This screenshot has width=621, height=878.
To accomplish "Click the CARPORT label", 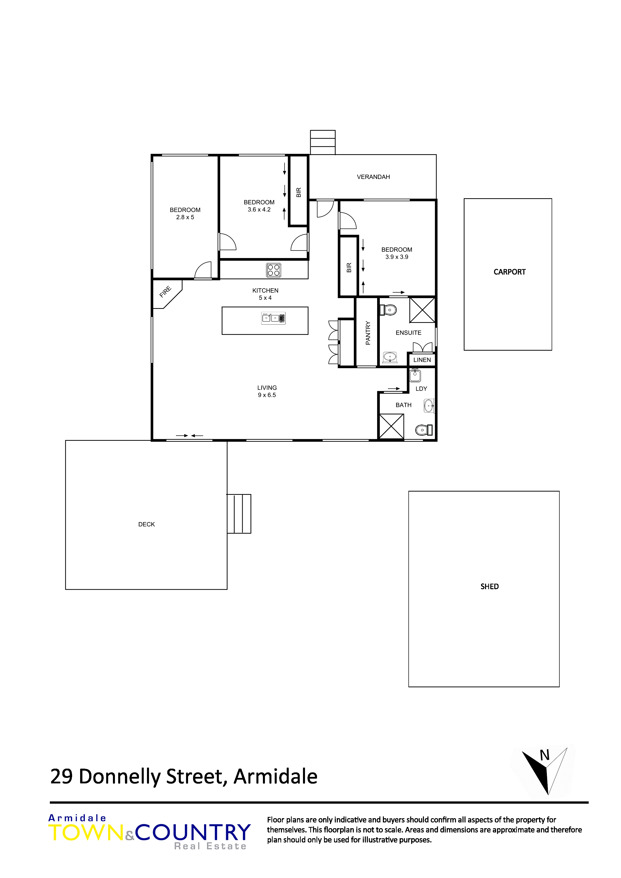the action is [x=509, y=272].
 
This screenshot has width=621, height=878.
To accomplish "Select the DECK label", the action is [x=146, y=524].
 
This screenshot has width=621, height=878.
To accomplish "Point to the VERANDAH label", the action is [x=373, y=177].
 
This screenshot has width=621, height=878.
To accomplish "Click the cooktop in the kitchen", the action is [x=274, y=270].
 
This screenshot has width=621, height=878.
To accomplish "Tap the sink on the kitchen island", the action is [x=273, y=318].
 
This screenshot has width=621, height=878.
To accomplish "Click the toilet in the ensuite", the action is [x=388, y=309].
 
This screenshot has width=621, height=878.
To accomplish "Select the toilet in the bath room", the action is [x=424, y=430].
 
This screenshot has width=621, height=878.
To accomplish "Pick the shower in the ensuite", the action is [x=422, y=310].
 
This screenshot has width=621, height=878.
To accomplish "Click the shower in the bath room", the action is [x=391, y=426].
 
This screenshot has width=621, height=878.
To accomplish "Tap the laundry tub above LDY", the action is [x=415, y=375].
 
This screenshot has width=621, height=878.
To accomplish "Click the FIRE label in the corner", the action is [x=165, y=292].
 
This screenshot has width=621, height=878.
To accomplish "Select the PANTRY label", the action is [x=368, y=333].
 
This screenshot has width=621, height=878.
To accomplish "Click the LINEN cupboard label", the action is [x=422, y=360].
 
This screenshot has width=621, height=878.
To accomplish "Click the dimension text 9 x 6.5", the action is [x=267, y=395].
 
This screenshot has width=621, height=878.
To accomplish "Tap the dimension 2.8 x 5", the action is [x=185, y=217].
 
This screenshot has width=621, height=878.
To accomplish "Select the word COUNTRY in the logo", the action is [x=193, y=832].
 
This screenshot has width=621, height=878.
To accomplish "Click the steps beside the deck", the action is [x=239, y=514].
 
